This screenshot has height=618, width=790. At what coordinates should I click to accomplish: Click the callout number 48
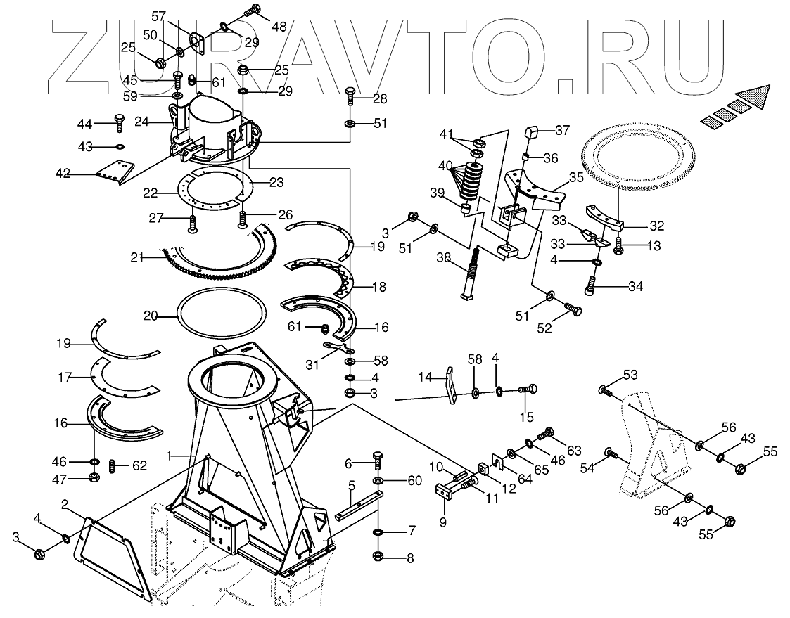(279, 27)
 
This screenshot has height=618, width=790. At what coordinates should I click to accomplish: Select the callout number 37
(562, 130)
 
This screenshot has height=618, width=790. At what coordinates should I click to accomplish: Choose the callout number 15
(526, 417)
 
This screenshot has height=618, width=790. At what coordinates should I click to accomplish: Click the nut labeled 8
(378, 557)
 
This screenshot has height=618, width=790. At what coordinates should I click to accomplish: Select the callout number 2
(64, 504)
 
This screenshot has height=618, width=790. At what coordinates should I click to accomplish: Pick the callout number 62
(140, 465)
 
